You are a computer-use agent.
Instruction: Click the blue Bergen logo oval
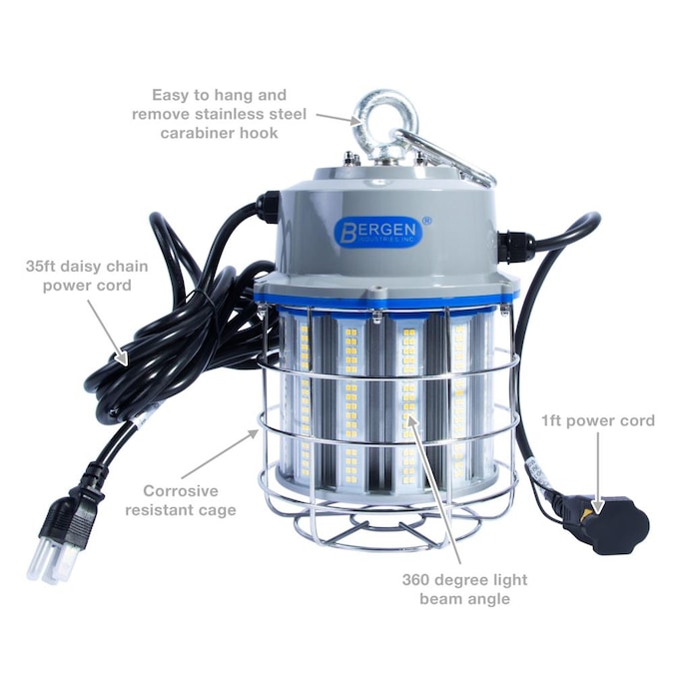377,231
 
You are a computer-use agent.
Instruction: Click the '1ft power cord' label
598,420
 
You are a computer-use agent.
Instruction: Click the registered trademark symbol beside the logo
427,221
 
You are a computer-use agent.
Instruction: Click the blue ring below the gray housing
386,297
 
